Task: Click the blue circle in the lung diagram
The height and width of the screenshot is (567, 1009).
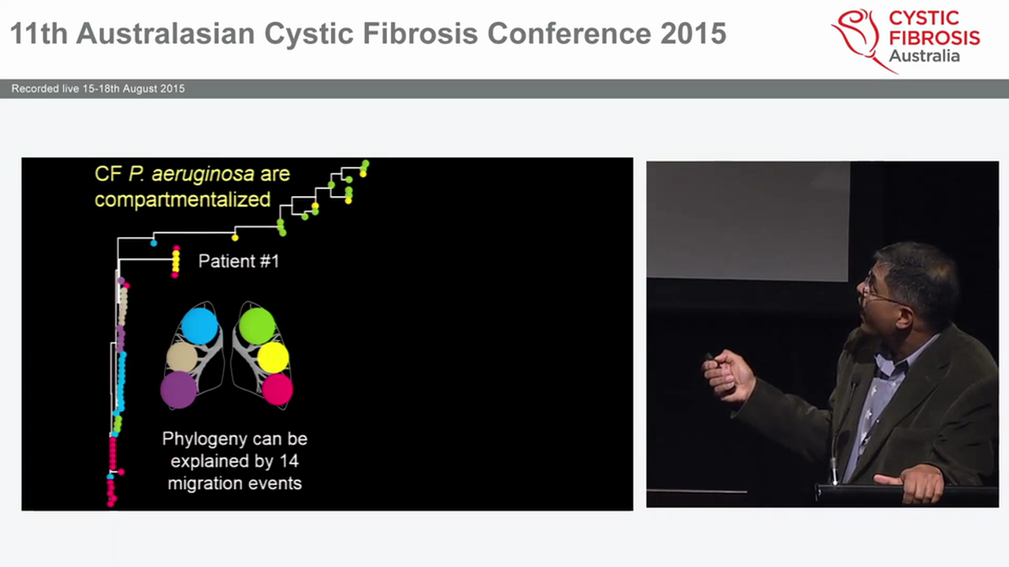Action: pyautogui.click(x=199, y=325)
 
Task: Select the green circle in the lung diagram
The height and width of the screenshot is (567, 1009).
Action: pyautogui.click(x=257, y=325)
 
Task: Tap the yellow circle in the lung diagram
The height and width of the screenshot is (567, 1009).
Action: pyautogui.click(x=274, y=357)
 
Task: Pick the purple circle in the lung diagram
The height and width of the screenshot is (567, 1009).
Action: pyautogui.click(x=179, y=390)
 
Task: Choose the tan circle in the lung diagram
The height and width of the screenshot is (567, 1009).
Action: pyautogui.click(x=182, y=358)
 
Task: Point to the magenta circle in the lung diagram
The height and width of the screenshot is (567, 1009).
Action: pyautogui.click(x=277, y=389)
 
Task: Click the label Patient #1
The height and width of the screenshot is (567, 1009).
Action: pyautogui.click(x=238, y=261)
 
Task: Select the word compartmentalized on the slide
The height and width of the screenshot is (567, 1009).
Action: pyautogui.click(x=182, y=199)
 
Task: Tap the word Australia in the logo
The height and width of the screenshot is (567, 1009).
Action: pyautogui.click(x=924, y=56)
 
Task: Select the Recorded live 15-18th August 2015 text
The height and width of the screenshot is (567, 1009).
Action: pyautogui.click(x=98, y=89)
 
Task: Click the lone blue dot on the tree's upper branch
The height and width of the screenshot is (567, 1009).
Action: pyautogui.click(x=154, y=243)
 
